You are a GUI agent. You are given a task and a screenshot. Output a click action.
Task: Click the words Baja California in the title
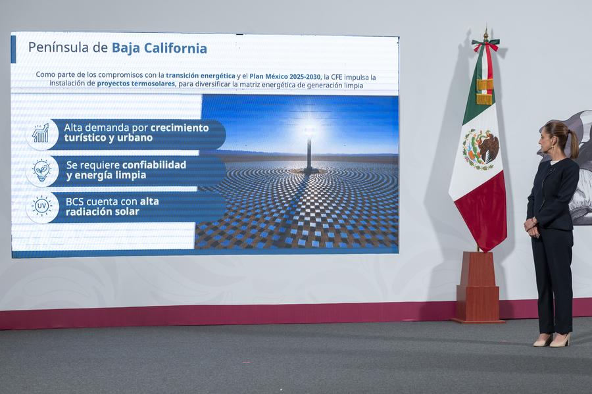(159, 48)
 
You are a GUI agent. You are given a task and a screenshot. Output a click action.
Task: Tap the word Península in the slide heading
(59, 48)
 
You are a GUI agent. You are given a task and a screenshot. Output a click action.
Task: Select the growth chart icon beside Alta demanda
(41, 134)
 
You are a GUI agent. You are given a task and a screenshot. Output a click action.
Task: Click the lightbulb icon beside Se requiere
(41, 170)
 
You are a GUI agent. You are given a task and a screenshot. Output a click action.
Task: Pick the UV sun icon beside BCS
(41, 207)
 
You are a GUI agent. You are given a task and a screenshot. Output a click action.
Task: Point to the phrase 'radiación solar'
(102, 212)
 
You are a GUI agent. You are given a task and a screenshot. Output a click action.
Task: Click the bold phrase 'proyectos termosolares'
(136, 84)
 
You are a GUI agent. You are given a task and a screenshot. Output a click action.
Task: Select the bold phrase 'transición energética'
(200, 76)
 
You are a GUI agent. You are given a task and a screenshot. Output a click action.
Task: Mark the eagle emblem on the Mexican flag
(480, 148)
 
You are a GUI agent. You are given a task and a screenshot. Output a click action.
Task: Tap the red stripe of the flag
(483, 214)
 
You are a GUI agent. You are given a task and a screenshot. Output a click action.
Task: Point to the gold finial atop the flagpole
(485, 33)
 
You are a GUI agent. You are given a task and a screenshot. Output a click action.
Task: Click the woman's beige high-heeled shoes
(551, 340)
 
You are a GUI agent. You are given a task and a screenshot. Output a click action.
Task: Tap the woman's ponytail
(572, 143)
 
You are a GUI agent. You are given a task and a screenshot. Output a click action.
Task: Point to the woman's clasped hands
(530, 226)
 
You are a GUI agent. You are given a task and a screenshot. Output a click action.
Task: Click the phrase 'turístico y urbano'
(109, 138)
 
